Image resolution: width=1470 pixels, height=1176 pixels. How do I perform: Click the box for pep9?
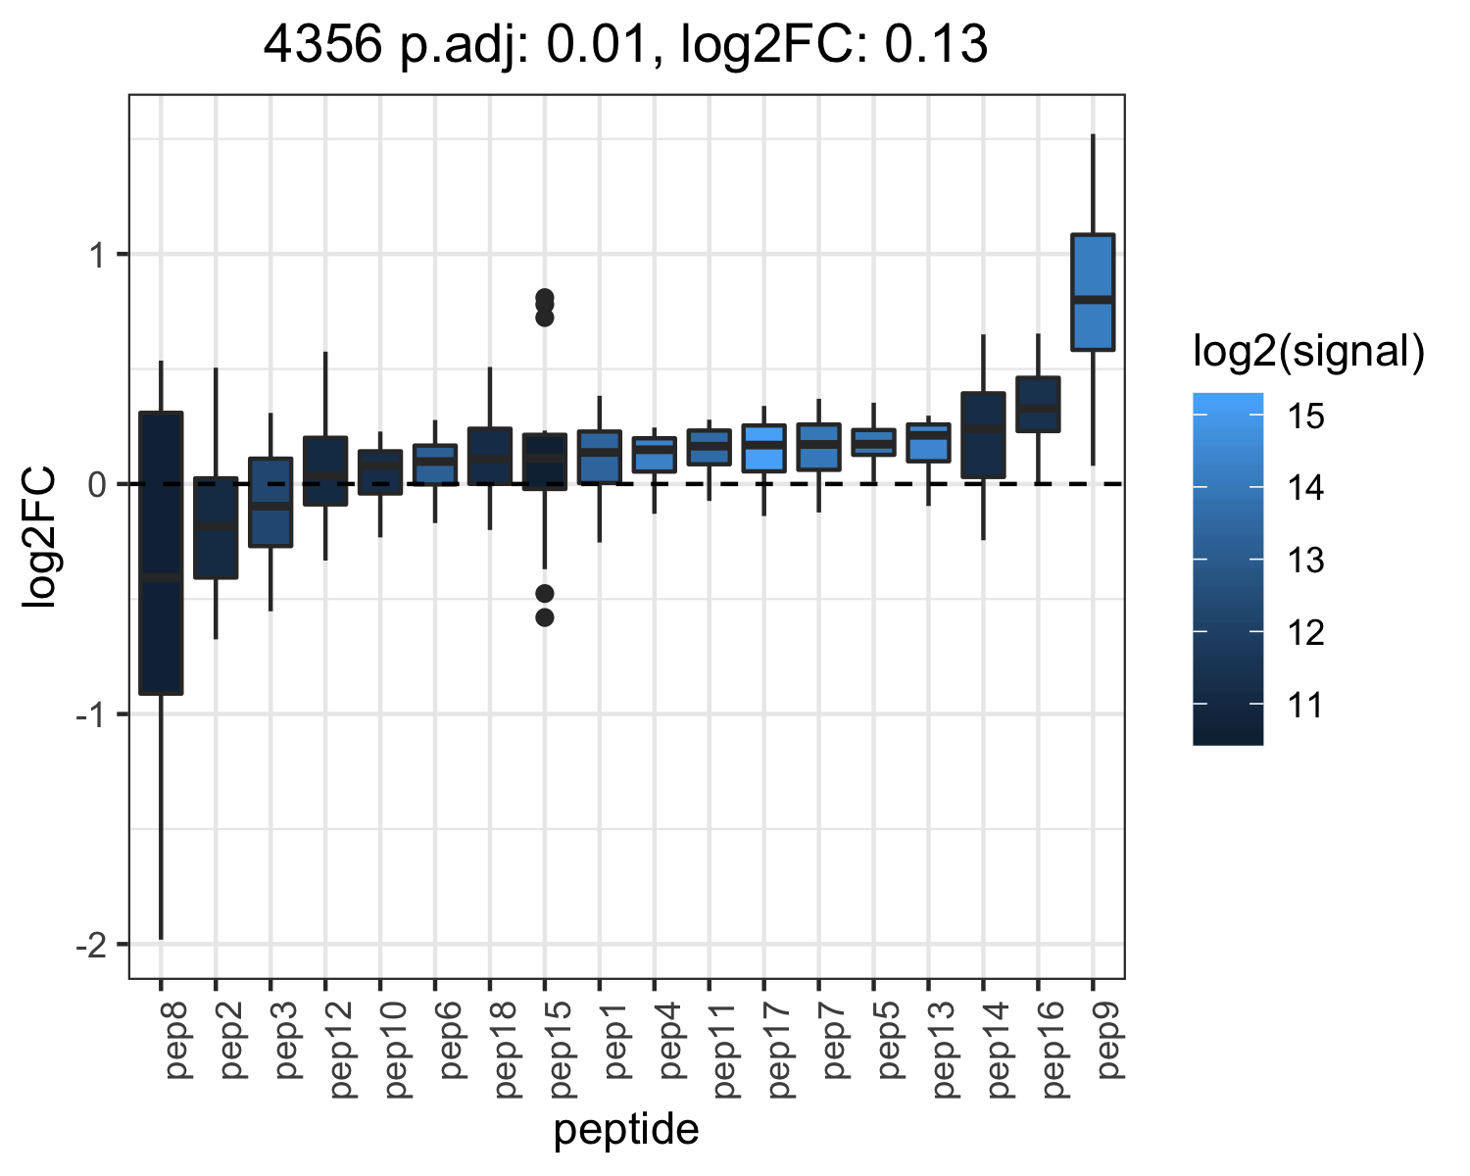(1093, 292)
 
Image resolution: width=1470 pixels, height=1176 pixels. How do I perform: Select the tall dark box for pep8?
(161, 553)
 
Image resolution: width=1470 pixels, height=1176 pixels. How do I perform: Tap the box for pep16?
(1038, 404)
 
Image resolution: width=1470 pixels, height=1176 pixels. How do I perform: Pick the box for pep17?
(763, 448)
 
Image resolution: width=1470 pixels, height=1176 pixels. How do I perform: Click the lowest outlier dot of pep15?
(545, 617)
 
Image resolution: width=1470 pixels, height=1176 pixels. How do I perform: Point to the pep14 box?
(983, 435)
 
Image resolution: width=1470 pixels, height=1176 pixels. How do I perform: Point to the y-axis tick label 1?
(99, 256)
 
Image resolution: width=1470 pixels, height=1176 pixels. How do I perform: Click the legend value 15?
(1305, 416)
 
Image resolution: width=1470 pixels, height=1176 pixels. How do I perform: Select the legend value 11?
(1305, 705)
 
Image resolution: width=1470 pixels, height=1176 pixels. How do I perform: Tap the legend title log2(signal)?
(1309, 352)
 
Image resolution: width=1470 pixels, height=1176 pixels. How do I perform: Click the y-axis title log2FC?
(37, 536)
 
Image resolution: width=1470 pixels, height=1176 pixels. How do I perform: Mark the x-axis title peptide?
(626, 1130)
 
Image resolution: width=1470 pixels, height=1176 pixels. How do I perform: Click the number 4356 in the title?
(322, 44)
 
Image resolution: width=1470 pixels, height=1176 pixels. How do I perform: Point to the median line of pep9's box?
(1093, 300)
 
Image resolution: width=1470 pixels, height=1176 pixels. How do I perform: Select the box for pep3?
(270, 502)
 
